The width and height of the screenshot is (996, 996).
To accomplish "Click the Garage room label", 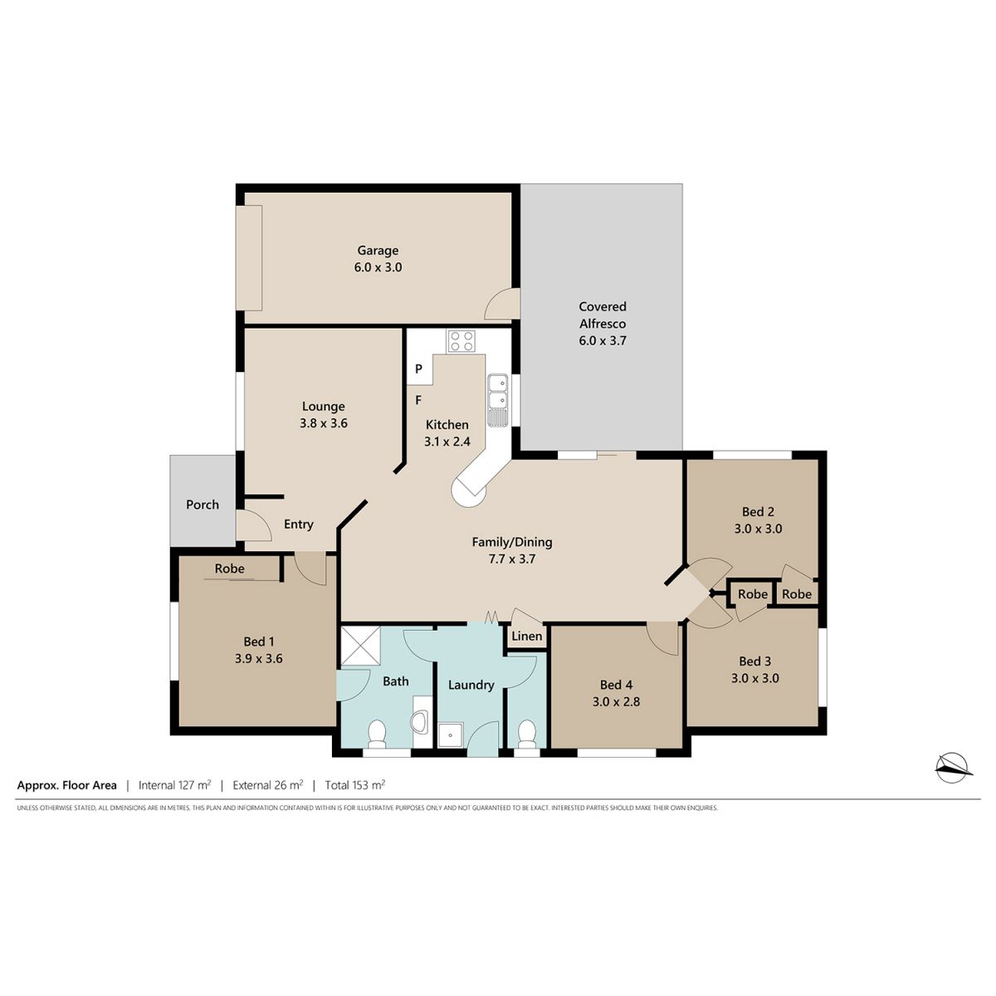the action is coord(378,251).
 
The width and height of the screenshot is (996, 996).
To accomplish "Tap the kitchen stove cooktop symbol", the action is coord(461,341).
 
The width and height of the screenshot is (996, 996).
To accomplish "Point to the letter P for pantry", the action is coord(418,369).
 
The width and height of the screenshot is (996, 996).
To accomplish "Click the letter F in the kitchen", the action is coord(418,400).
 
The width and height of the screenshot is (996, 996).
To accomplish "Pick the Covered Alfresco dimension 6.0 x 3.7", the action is coord(603,340).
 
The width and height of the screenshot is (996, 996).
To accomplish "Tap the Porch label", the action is coord(203,505).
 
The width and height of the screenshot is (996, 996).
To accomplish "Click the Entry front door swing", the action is coord(253,525).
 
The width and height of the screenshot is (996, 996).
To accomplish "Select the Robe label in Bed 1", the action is coord(229,569).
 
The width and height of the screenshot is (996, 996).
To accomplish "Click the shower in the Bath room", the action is coord(360,646).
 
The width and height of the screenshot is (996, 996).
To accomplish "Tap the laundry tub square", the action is coord(450,735).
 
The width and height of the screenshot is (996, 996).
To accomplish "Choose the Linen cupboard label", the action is coord(527,637).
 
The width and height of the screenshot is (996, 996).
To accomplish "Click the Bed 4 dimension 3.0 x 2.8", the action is coord(616,702).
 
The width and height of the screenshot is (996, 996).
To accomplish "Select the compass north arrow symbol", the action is coord(954,768).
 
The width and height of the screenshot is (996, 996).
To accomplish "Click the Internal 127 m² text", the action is coord(174,785).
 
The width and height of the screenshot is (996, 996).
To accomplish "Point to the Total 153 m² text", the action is coord(355,785).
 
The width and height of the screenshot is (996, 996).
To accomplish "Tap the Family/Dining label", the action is coord(512,542).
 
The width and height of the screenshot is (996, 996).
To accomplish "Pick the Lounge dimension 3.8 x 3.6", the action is coord(324,423).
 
